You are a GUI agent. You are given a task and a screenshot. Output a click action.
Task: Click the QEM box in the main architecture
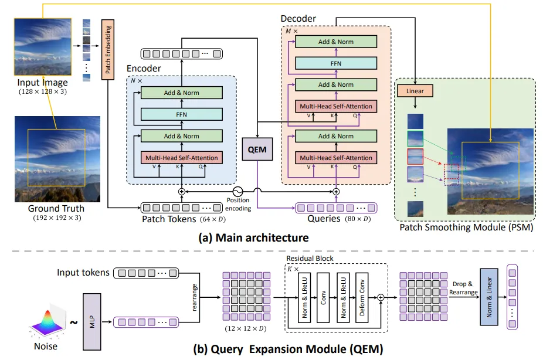pyautogui.click(x=257, y=149)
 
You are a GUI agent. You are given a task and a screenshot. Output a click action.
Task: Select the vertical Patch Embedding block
pyautogui.click(x=108, y=49)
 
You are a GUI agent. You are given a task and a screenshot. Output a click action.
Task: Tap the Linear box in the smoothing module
pyautogui.click(x=415, y=91)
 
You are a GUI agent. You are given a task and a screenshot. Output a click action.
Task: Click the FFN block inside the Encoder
pyautogui.click(x=181, y=114)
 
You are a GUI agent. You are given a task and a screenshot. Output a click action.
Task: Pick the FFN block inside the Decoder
pyautogui.click(x=336, y=63)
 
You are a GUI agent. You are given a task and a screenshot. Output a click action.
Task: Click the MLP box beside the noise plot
pyautogui.click(x=91, y=322)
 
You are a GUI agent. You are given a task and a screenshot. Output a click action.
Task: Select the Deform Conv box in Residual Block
pyautogui.click(x=362, y=298)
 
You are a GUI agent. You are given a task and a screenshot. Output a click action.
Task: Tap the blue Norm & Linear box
pyautogui.click(x=489, y=297)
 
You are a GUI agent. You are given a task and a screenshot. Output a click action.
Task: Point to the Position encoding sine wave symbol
pyautogui.click(x=237, y=191)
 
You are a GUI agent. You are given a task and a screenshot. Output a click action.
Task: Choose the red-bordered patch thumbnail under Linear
pyautogui.click(x=415, y=157)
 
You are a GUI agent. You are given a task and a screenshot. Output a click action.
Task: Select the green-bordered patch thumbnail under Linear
pyautogui.click(x=415, y=138)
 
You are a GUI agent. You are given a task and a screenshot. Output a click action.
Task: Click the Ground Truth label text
pyautogui.click(x=56, y=208)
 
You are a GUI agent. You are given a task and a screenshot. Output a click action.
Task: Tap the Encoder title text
pyautogui.click(x=144, y=69)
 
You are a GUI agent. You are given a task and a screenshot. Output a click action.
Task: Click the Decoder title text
pyautogui.click(x=298, y=19)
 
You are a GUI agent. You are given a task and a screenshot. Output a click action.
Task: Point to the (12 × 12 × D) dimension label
pyautogui.click(x=246, y=328)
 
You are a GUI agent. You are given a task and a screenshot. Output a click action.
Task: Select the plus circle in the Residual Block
pyautogui.click(x=381, y=297)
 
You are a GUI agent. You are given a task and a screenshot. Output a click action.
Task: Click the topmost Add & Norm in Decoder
pyautogui.click(x=336, y=42)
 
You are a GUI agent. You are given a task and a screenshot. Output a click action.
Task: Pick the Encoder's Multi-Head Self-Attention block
pyautogui.click(x=181, y=158)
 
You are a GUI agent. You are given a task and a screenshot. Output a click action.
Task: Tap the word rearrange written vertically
pyautogui.click(x=195, y=297)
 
